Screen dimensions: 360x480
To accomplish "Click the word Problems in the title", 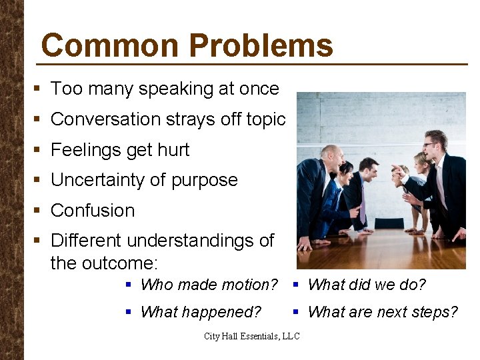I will pyautogui.click(x=261, y=46).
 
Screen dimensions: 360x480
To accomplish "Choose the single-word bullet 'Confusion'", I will pyautogui.click(x=93, y=211).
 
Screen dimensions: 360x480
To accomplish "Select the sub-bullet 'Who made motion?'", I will pyautogui.click(x=209, y=285).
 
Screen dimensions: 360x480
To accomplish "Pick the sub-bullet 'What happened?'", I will pyautogui.click(x=201, y=312).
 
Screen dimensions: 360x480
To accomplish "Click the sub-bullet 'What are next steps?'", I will pyautogui.click(x=383, y=312).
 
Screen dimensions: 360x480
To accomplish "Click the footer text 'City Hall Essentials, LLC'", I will pyautogui.click(x=252, y=336).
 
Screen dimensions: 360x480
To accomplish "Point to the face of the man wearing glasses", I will pyautogui.click(x=433, y=145).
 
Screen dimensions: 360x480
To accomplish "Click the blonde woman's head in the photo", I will pyautogui.click(x=421, y=162).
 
